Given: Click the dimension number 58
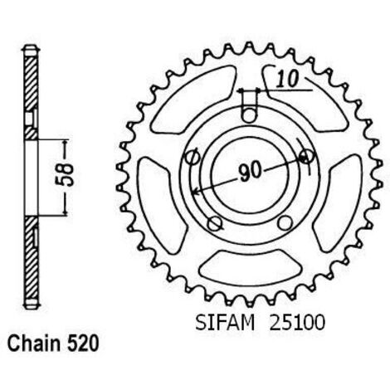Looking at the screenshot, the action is tap(66, 175).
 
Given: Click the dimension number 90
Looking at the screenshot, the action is tap(250, 173).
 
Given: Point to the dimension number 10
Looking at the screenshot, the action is tap(288, 79).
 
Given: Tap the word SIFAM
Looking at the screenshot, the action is tap(225, 323).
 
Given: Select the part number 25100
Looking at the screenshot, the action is tap(297, 323).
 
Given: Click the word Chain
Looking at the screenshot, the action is tap(34, 344).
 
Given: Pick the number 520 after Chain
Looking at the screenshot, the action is tap(82, 344).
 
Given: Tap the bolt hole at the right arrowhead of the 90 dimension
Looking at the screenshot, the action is tap(307, 157).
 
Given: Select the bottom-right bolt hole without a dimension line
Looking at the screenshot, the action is tap(285, 222).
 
